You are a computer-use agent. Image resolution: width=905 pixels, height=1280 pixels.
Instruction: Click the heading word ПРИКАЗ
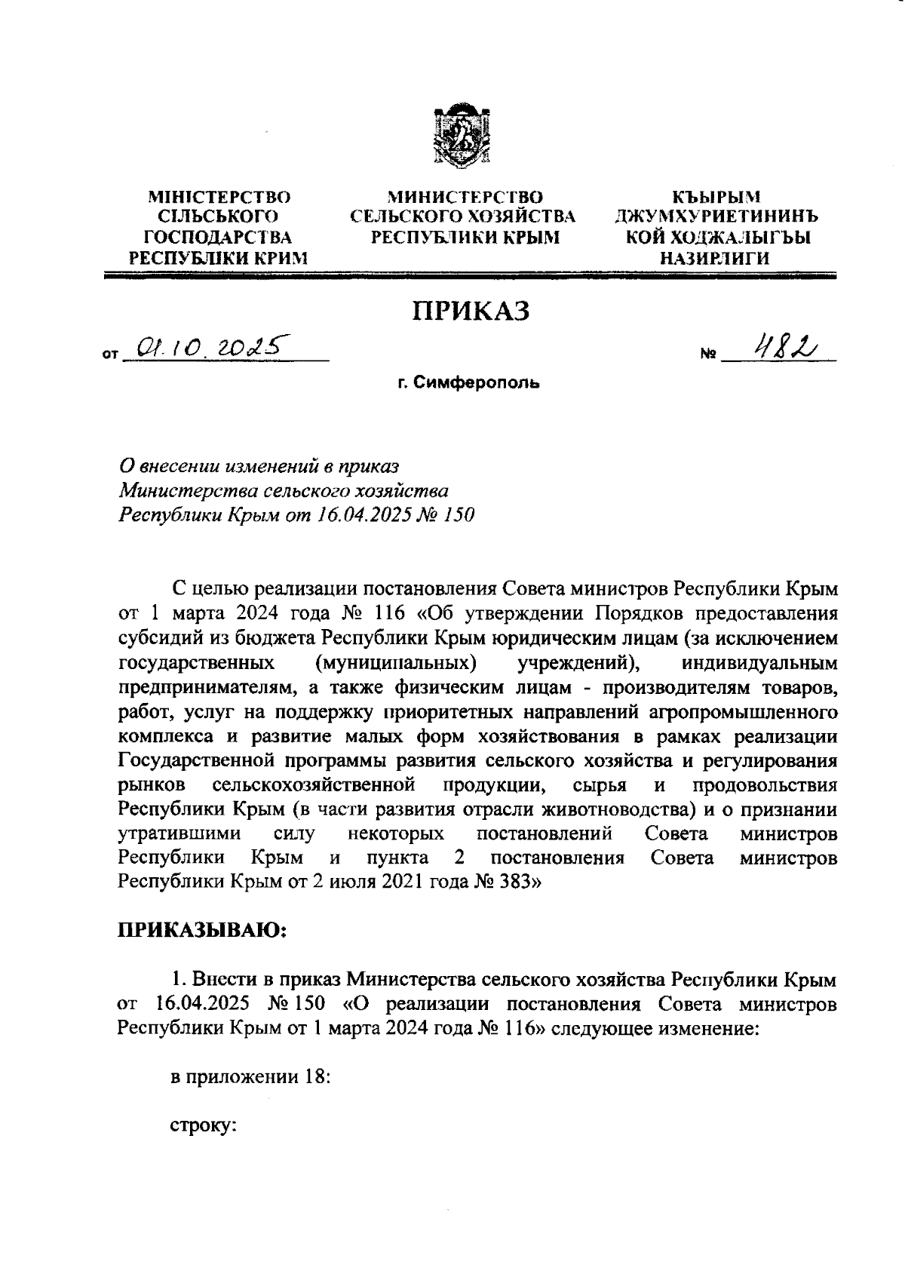pyautogui.click(x=470, y=310)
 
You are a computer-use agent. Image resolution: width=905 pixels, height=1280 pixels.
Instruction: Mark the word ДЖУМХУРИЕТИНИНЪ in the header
pyautogui.click(x=716, y=217)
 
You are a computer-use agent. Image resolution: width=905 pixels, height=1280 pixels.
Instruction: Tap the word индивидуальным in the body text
pyautogui.click(x=759, y=664)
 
